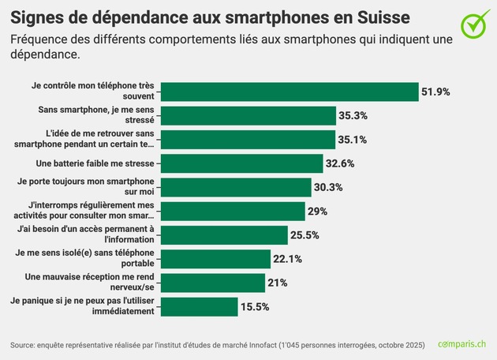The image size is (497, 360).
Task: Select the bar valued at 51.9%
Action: [290, 92]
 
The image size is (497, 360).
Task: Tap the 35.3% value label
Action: [353, 115]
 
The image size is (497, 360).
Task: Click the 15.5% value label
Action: [256, 306]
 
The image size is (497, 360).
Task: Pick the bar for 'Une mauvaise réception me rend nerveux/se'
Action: [213, 283]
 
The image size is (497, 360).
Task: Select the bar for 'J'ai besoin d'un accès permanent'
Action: [225, 234]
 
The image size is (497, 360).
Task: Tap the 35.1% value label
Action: [353, 140]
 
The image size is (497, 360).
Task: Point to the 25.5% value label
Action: [305, 235]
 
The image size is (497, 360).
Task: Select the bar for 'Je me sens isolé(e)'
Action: [217, 258]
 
